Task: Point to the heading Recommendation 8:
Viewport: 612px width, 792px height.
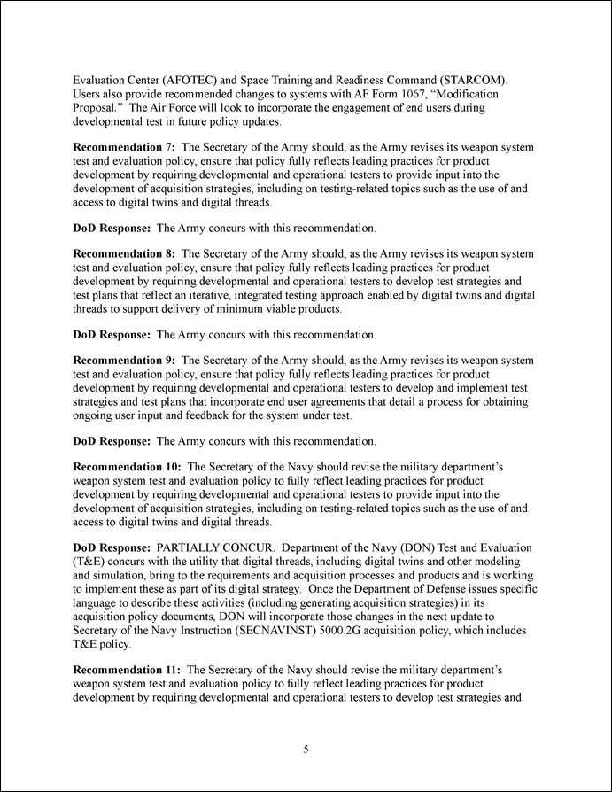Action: (123, 253)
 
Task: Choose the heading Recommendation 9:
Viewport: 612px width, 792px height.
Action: (123, 361)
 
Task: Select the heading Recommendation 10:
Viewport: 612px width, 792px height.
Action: (127, 467)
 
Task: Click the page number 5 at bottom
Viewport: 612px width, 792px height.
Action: (306, 749)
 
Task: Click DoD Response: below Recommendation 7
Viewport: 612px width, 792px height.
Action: (112, 228)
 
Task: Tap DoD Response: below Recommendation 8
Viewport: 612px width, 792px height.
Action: (112, 335)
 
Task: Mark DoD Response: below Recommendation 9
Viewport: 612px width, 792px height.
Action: (112, 440)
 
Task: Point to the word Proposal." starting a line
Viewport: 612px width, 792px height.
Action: (98, 107)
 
